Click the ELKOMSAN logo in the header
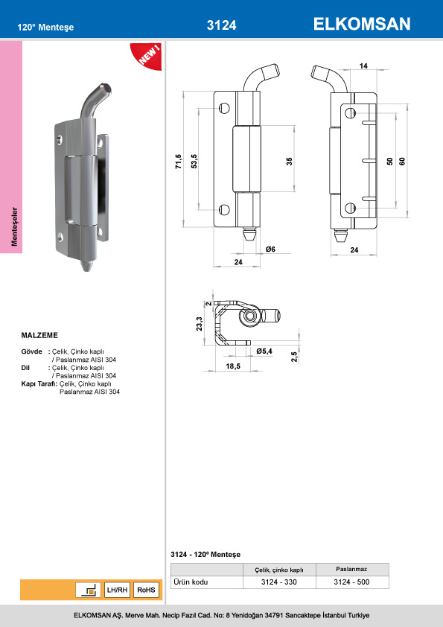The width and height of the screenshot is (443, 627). click(361, 24)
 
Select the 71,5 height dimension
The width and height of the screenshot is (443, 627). click(179, 162)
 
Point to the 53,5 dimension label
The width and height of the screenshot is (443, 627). click(194, 162)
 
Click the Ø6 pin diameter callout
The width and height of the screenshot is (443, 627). click(271, 249)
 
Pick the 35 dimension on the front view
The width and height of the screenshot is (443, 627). click(289, 161)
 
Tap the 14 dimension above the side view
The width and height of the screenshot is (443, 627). click(363, 66)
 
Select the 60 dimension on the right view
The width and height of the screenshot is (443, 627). click(402, 161)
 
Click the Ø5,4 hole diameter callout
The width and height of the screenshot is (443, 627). click(264, 351)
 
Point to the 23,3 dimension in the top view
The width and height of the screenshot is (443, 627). click(200, 324)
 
